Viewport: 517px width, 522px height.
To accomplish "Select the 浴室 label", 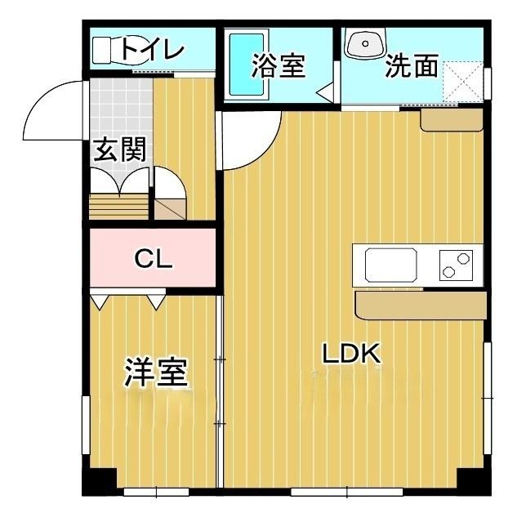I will pos(279,66).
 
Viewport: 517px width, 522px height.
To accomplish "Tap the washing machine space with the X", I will pos(464,80).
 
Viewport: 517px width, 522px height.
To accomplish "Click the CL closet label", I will pos(153,260).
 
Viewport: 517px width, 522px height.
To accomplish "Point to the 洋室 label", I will pos(157,373).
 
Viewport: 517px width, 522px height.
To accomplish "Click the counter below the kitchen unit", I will pos(421,306).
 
